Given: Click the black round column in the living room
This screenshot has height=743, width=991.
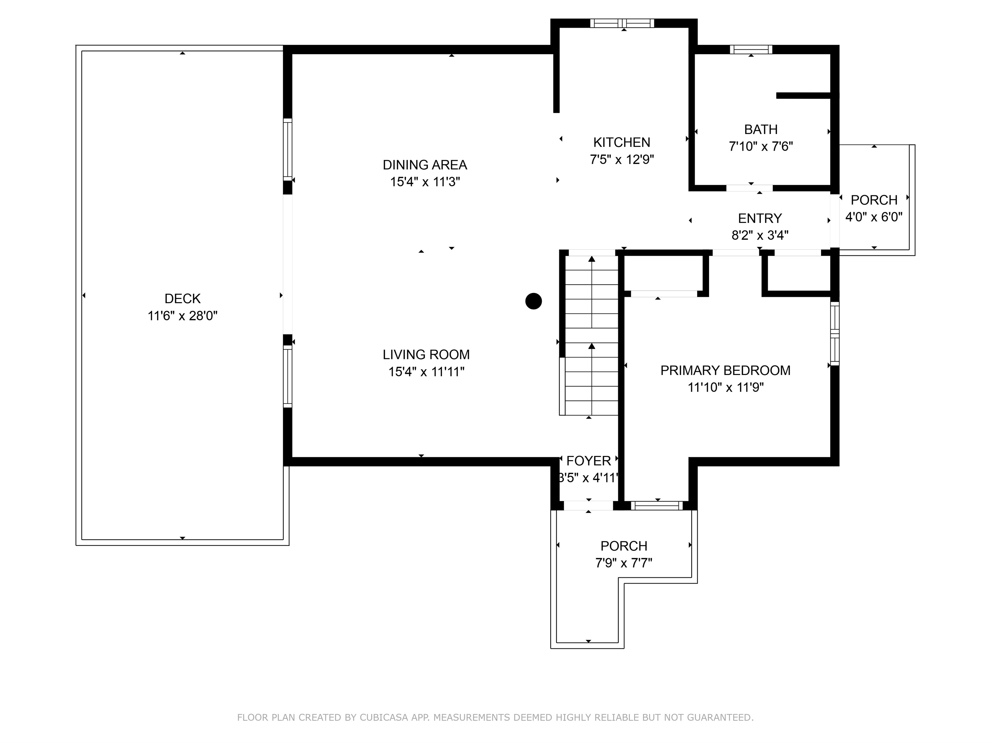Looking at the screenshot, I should tap(533, 301).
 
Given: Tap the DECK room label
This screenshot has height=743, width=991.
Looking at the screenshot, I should tap(182, 299).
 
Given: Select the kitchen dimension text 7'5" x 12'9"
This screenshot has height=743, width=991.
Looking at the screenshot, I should tap(622, 159).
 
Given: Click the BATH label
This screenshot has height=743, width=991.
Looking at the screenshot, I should tap(760, 129).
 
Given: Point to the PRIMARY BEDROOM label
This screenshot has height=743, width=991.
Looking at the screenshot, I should tap(725, 370).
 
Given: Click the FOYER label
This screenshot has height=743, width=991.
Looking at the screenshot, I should tap(588, 461).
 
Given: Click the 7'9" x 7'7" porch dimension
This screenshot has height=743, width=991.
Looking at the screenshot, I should tap(624, 563).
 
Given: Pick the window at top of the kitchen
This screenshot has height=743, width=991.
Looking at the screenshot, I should tap(622, 23).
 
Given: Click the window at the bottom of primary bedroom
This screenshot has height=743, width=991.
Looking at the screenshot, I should tap(657, 506).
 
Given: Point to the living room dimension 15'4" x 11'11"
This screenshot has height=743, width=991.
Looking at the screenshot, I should tap(426, 372).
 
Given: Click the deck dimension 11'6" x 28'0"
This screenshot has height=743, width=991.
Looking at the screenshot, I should tap(182, 316).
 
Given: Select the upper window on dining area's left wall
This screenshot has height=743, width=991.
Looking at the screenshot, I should tap(288, 149).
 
